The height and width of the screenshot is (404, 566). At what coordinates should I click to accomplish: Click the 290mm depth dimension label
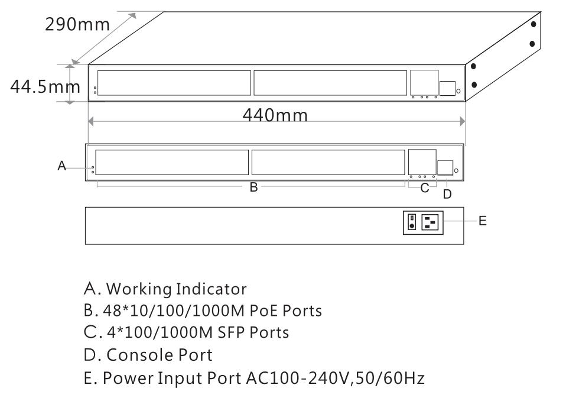tap(77, 24)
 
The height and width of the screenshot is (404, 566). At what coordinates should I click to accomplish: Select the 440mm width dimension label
tap(275, 115)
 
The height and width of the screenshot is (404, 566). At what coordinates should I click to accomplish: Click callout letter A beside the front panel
tap(62, 167)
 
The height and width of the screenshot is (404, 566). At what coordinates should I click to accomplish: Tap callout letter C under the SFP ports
tap(424, 189)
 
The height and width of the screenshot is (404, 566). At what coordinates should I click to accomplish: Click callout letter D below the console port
tap(447, 194)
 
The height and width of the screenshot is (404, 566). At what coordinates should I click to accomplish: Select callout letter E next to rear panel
tap(483, 221)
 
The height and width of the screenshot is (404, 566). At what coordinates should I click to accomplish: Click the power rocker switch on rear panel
tap(412, 222)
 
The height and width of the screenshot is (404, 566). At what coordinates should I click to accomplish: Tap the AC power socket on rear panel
tap(431, 222)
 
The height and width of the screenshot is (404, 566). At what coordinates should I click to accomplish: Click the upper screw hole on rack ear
tap(533, 24)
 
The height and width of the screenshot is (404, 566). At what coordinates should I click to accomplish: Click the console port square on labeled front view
tap(445, 168)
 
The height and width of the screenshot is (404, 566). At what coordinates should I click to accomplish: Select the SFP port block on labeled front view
tap(422, 161)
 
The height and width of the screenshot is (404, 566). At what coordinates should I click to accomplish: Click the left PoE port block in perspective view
tap(174, 83)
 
